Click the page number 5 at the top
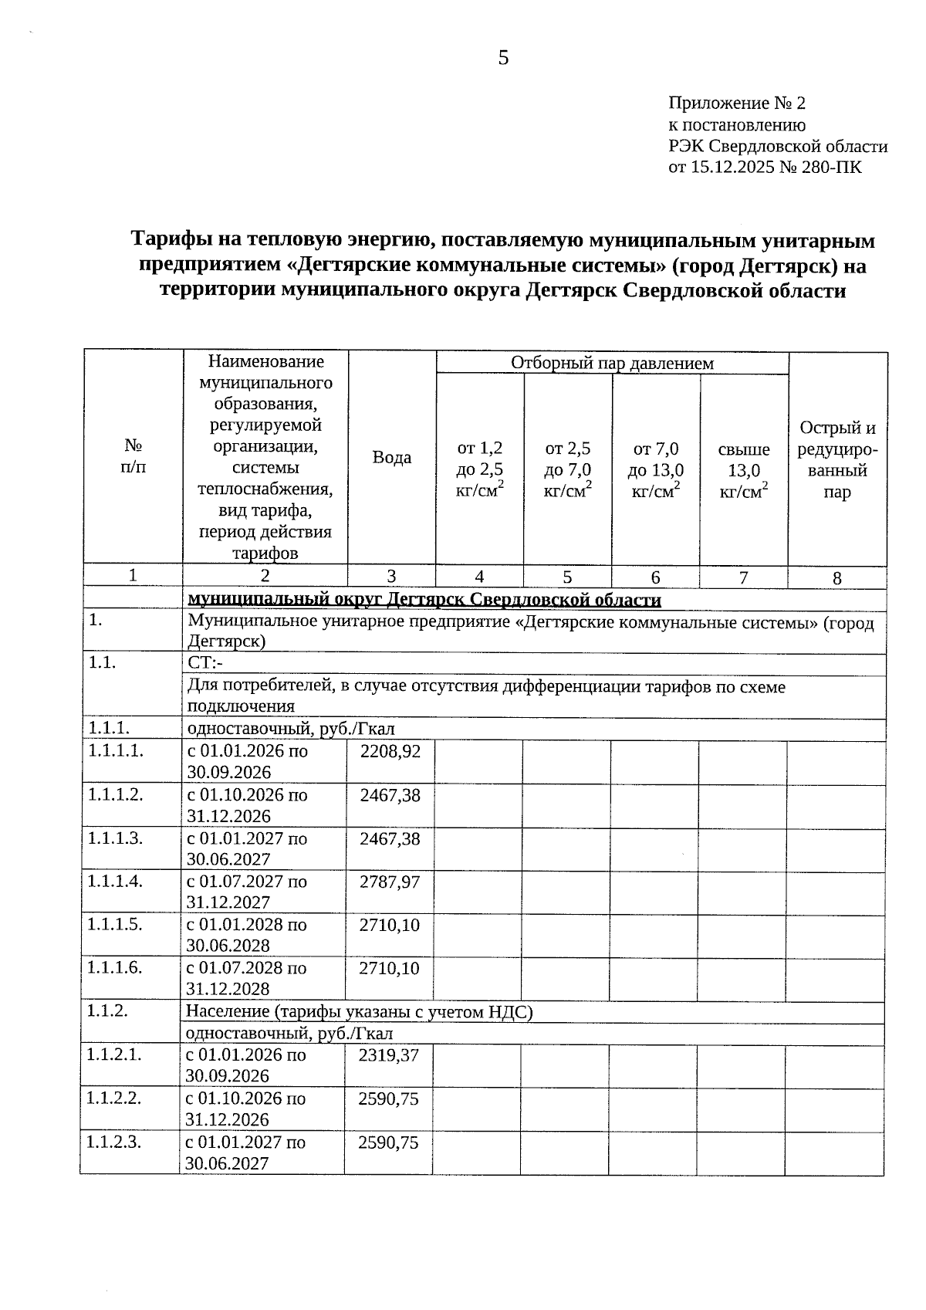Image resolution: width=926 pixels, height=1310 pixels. pyautogui.click(x=503, y=58)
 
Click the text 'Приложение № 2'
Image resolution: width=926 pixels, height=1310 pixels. pyautogui.click(x=736, y=103)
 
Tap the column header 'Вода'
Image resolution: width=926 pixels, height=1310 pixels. pyautogui.click(x=392, y=458)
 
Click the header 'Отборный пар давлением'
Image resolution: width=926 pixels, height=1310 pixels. pyautogui.click(x=612, y=363)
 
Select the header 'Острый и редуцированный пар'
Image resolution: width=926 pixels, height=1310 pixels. pyautogui.click(x=837, y=460)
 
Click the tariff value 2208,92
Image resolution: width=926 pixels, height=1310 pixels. pyautogui.click(x=390, y=751)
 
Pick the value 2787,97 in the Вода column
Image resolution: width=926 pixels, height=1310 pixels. pyautogui.click(x=390, y=882)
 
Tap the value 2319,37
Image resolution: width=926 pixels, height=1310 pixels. pyautogui.click(x=389, y=1055)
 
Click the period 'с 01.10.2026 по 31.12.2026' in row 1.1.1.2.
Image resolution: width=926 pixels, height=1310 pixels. pyautogui.click(x=247, y=805)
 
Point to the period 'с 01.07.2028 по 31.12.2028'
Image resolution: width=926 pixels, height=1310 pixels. pyautogui.click(x=246, y=978)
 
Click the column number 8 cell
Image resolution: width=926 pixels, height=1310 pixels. pyautogui.click(x=837, y=578)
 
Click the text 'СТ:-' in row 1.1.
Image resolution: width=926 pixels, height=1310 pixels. pyautogui.click(x=205, y=664)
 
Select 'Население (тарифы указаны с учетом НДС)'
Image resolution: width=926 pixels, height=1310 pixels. pyautogui.click(x=360, y=1012)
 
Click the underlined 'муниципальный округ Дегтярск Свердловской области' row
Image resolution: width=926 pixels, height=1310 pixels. pyautogui.click(x=424, y=600)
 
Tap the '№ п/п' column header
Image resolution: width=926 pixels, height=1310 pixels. pyautogui.click(x=133, y=456)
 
